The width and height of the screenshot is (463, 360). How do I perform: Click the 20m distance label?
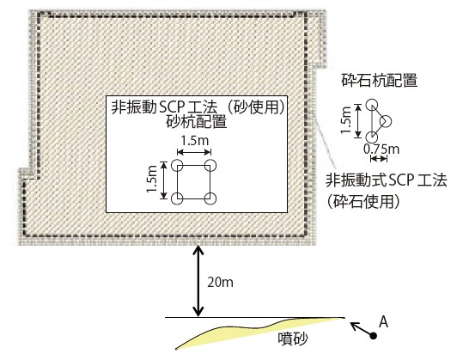pyautogui.click(x=220, y=283)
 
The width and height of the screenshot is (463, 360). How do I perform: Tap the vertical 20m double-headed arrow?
pyautogui.click(x=198, y=281)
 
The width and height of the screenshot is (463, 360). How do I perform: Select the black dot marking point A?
pyautogui.click(x=374, y=335)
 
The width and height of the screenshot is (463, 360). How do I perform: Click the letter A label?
pyautogui.click(x=383, y=321)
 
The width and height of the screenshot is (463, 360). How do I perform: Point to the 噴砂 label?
pyautogui.click(x=293, y=339)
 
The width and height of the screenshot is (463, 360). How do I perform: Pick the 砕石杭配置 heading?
pyautogui.click(x=380, y=80)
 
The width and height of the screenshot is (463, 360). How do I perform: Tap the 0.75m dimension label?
pyautogui.click(x=381, y=149)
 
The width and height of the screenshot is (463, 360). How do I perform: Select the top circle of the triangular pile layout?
pyautogui.click(x=372, y=105)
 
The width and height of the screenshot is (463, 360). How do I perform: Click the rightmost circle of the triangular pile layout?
pyautogui.click(x=386, y=121)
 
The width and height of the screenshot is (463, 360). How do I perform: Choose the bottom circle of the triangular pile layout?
pyautogui.click(x=372, y=137)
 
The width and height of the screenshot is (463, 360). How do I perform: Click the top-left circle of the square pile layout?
pyautogui.click(x=177, y=165)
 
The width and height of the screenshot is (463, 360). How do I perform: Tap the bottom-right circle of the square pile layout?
pyautogui.click(x=210, y=198)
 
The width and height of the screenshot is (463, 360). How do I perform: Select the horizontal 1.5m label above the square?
pyautogui.click(x=195, y=141)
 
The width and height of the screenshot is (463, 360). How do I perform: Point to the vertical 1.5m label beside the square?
pyautogui.click(x=152, y=179)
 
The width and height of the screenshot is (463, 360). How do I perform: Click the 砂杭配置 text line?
pyautogui.click(x=197, y=121)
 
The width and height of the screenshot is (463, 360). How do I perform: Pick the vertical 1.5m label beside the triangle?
pyautogui.click(x=346, y=119)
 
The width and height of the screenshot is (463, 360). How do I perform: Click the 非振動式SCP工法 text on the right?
pyautogui.click(x=387, y=180)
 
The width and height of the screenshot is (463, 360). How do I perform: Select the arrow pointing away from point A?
pyautogui.click(x=361, y=329)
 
